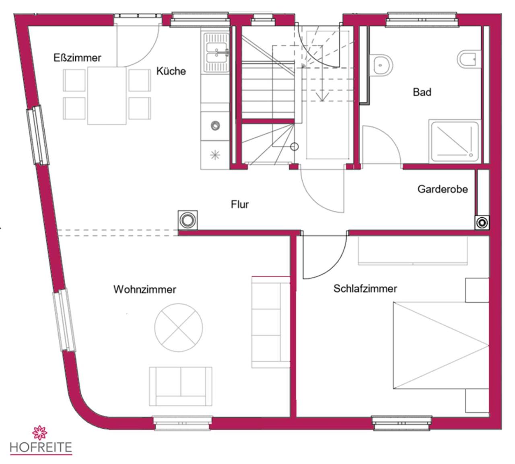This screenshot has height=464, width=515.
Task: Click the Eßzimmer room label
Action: pyautogui.click(x=77, y=58)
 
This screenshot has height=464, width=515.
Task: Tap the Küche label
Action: pyautogui.click(x=171, y=71)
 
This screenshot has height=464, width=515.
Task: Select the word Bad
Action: pyautogui.click(x=422, y=92)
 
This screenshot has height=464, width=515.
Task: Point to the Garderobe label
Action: pyautogui.click(x=443, y=189)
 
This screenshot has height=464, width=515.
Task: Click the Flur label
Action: pyautogui.click(x=240, y=204)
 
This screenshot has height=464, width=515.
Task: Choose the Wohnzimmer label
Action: pyautogui.click(x=145, y=289)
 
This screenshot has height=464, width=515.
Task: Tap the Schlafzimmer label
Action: pyautogui.click(x=365, y=289)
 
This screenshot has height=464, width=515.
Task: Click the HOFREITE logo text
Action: pyautogui.click(x=41, y=447)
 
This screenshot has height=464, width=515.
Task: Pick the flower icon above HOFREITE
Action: pyautogui.click(x=39, y=433)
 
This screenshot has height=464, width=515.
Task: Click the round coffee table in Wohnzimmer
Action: pyautogui.click(x=178, y=328)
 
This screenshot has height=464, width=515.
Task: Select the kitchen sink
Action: pyautogui.click(x=216, y=52)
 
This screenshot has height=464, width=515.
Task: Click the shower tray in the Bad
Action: pyautogui.click(x=454, y=141)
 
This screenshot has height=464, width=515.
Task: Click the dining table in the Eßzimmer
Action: pyautogui.click(x=107, y=96)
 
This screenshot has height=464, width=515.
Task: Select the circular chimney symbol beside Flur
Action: pyautogui.click(x=187, y=220)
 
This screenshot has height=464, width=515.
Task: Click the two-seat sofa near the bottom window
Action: pyautogui.click(x=181, y=386)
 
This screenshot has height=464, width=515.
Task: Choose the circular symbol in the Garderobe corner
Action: pyautogui.click(x=482, y=223)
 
